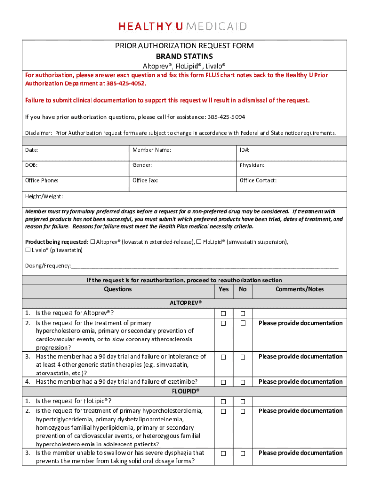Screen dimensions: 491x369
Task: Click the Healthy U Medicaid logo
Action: [184, 26]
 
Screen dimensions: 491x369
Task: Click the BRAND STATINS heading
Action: [184, 57]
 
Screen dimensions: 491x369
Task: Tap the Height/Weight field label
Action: [44, 196]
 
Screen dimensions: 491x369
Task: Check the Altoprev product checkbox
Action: [93, 242]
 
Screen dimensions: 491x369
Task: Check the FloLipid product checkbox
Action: [199, 242]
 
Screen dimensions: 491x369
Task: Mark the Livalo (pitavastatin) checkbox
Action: [28, 250]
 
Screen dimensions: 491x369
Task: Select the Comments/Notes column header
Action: [300, 289]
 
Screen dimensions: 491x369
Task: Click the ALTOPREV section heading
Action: [185, 303]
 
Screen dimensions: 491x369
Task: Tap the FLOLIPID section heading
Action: [185, 391]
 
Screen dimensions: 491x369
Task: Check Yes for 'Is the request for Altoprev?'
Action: [223, 314]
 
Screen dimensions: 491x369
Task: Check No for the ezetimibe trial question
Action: [242, 382]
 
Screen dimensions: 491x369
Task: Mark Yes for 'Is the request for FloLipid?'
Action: [223, 402]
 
